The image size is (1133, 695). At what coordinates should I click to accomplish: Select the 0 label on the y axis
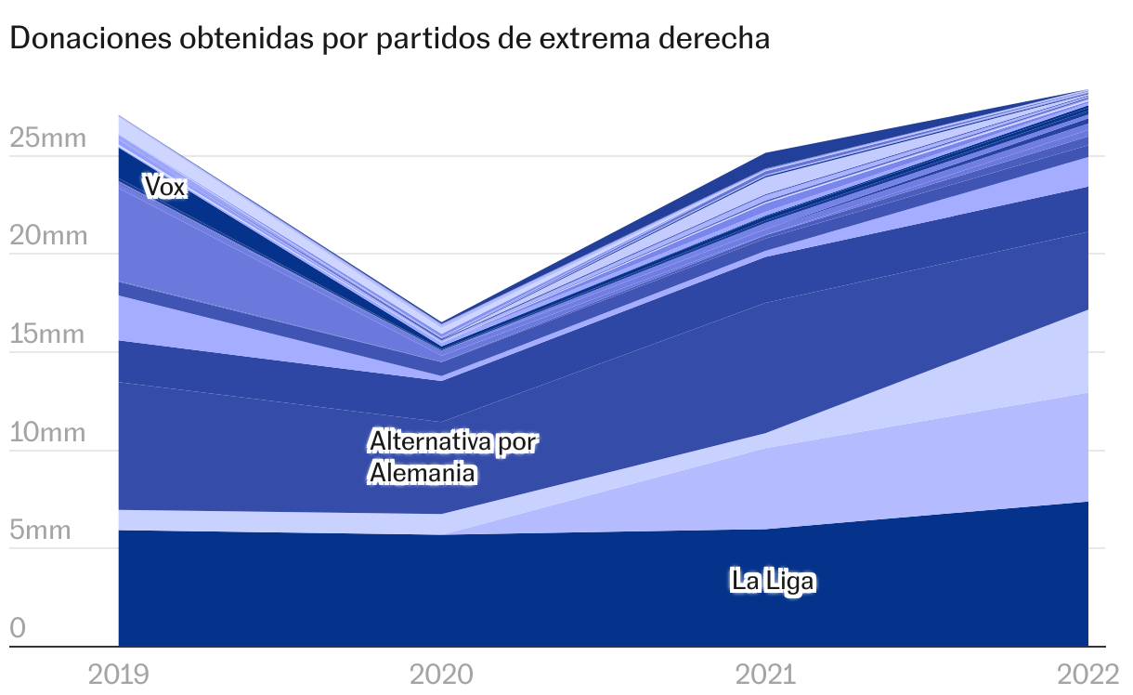18,629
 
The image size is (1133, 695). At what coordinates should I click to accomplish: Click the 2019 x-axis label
118,674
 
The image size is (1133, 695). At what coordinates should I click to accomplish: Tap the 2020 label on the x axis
442,674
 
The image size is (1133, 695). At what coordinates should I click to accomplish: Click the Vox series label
165,187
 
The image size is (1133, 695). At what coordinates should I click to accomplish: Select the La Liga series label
773,582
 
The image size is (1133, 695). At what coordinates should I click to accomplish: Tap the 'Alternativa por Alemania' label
452,456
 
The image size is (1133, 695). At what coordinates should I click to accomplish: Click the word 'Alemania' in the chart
423,473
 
